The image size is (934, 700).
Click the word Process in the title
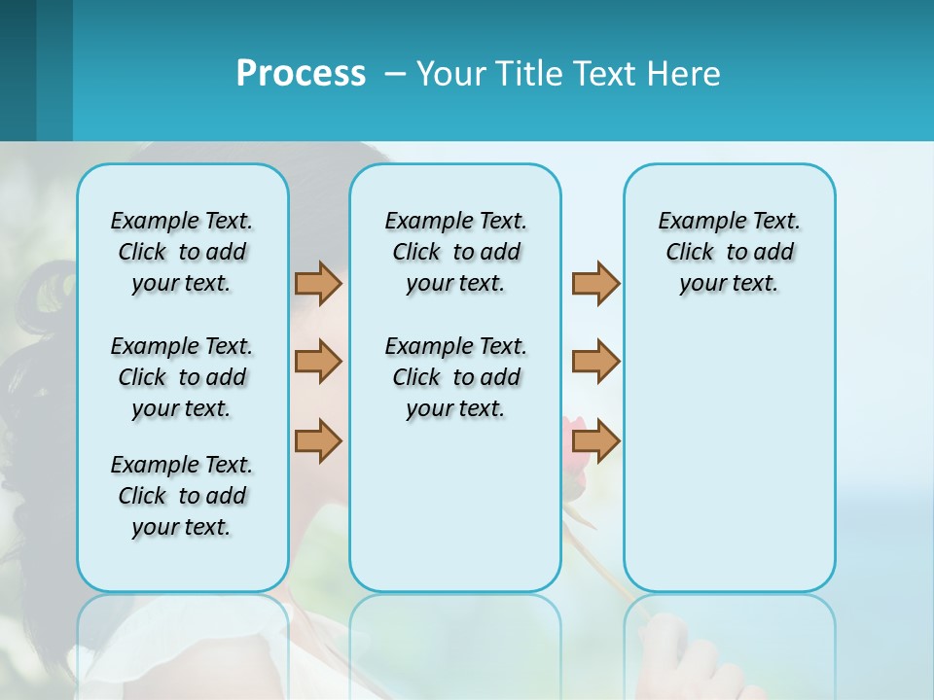(301, 73)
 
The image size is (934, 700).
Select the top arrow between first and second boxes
(318, 283)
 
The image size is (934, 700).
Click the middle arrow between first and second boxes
(318, 362)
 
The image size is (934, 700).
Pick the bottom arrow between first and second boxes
(318, 440)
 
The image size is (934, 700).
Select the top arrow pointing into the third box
(595, 283)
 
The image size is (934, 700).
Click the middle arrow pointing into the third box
(595, 362)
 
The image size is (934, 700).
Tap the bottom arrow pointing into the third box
(595, 440)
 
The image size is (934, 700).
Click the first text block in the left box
(182, 252)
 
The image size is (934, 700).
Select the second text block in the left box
(182, 377)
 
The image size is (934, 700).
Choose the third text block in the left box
(182, 496)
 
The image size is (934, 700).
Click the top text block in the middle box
(455, 252)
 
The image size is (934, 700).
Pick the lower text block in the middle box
(455, 377)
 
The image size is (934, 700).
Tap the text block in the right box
(729, 252)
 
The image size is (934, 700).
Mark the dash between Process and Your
(395, 75)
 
